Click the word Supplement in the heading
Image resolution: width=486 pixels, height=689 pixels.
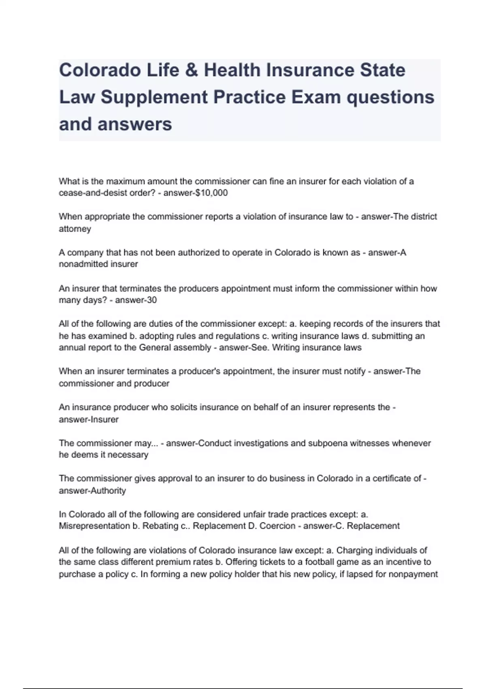click(154, 97)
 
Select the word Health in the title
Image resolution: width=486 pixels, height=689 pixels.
click(232, 70)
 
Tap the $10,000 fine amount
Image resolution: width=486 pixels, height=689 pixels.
click(211, 193)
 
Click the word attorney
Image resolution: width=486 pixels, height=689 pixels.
click(75, 229)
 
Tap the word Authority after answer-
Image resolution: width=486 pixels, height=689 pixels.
click(108, 491)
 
